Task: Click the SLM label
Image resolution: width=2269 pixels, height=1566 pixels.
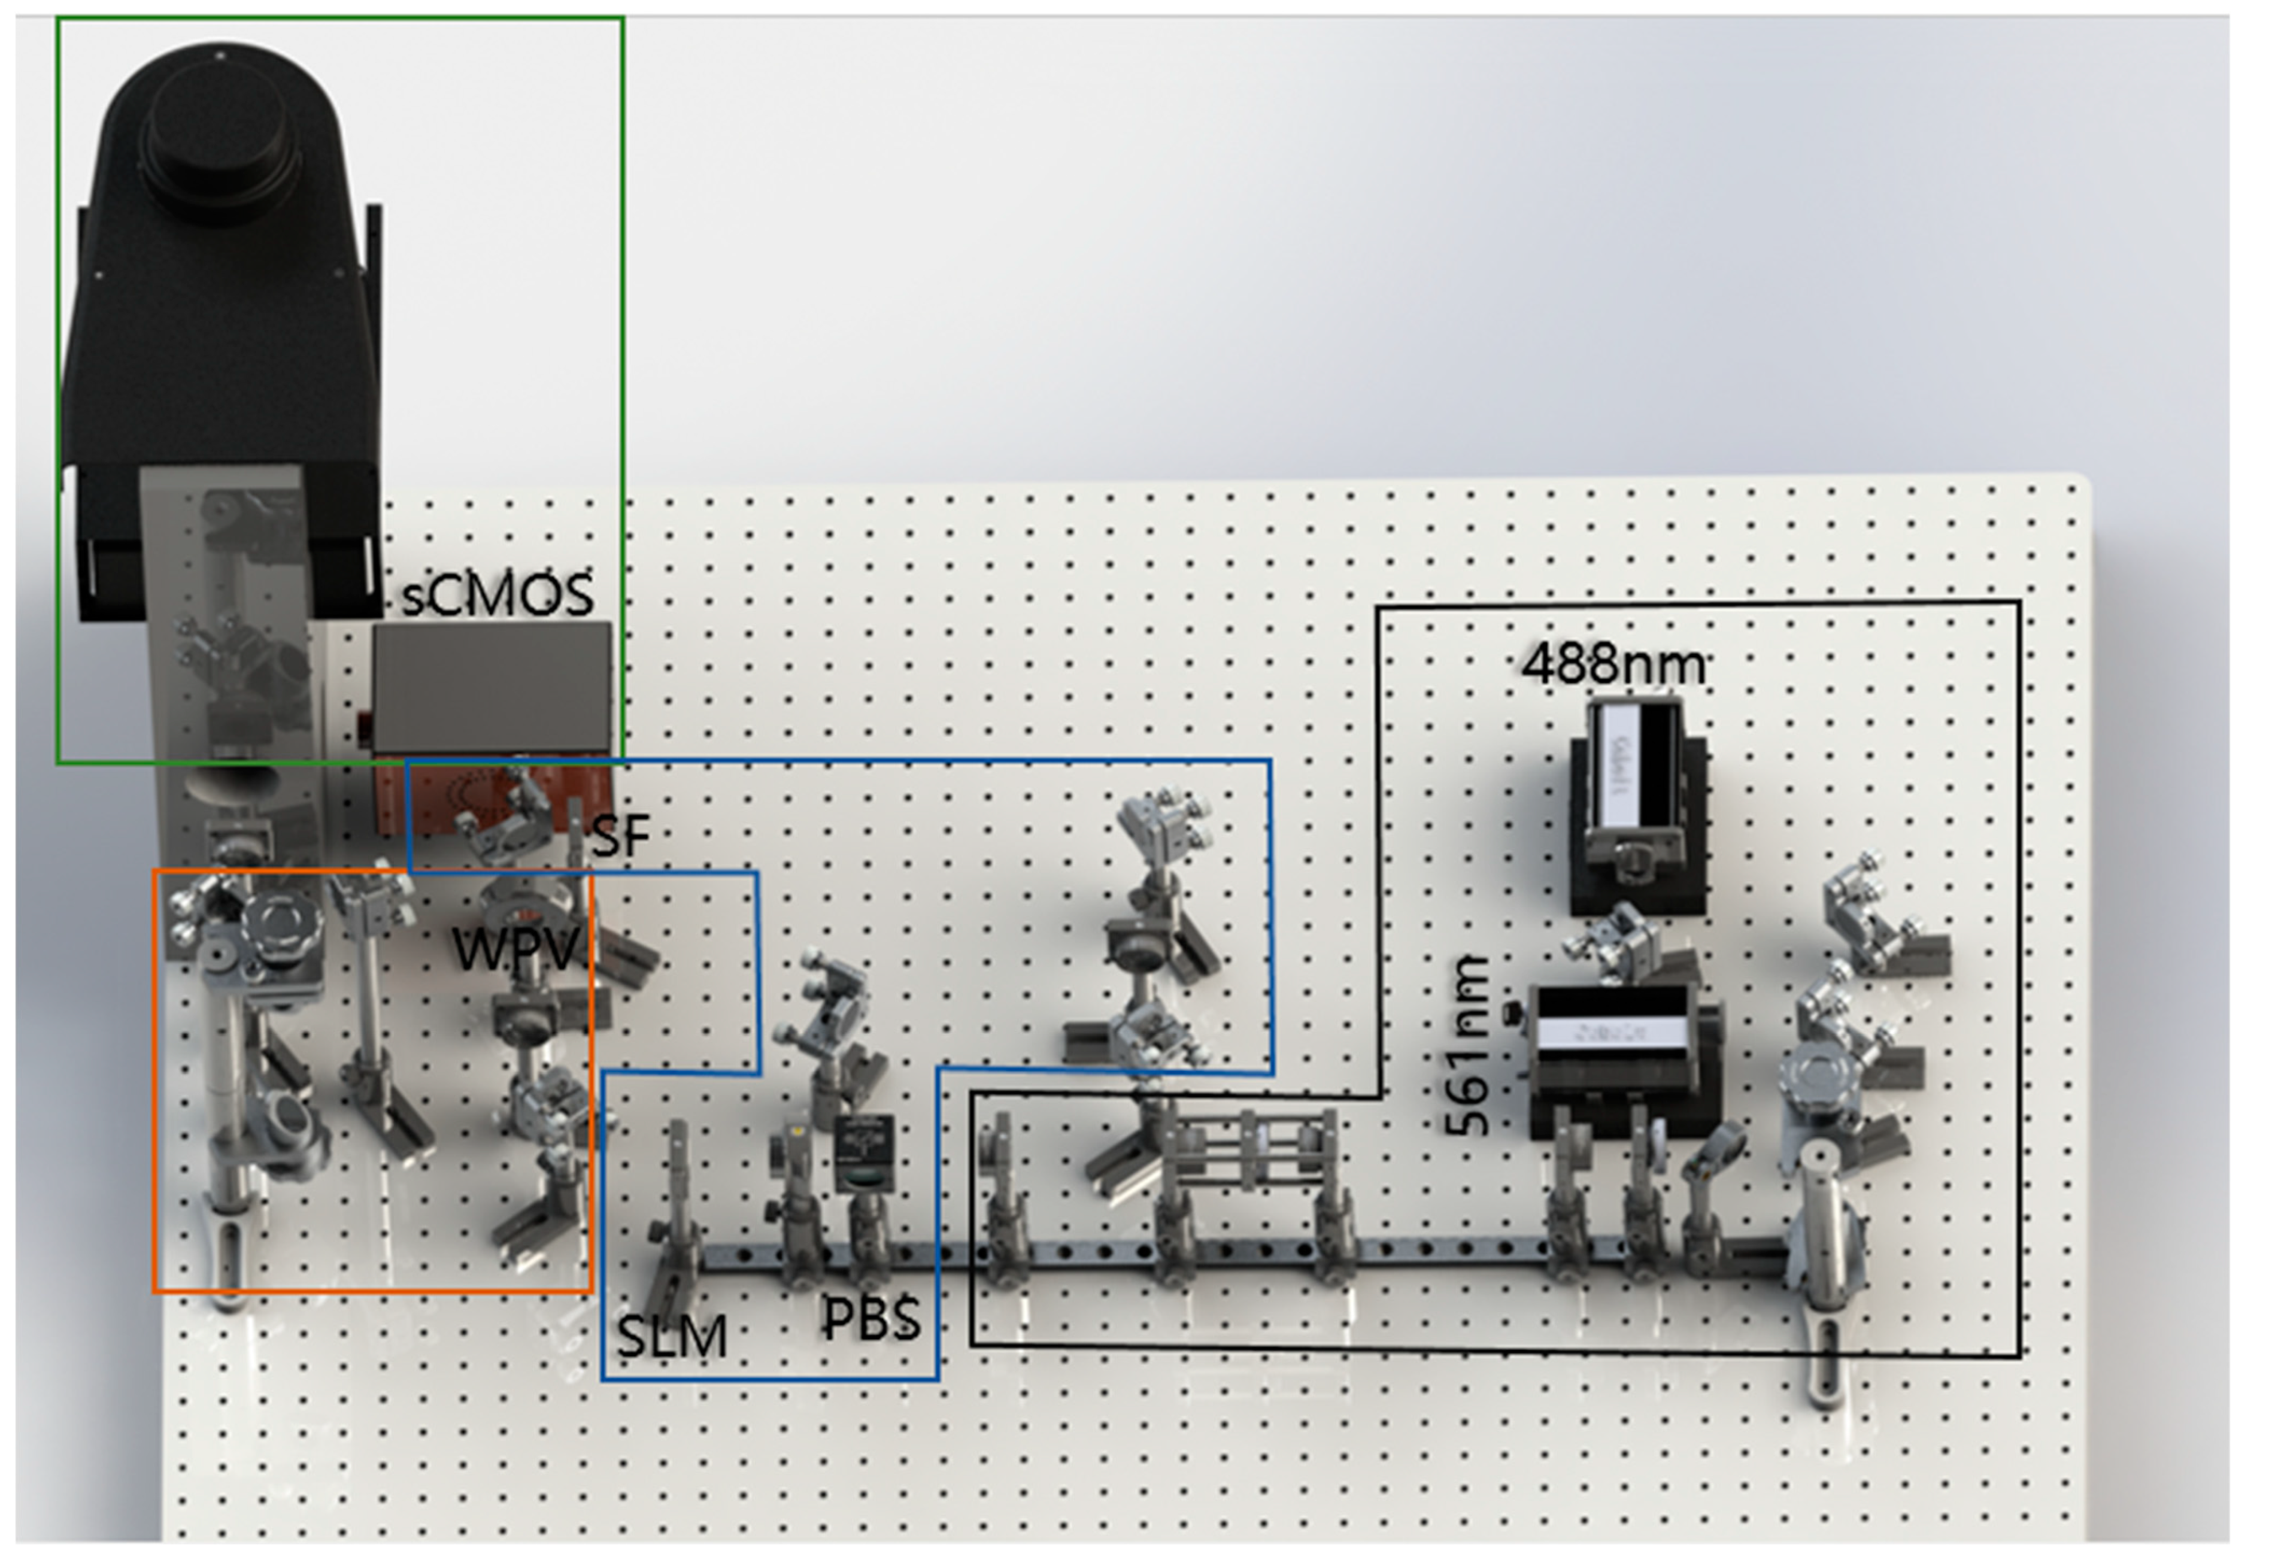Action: pos(672,1336)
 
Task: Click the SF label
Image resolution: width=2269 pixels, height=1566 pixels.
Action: pos(620,836)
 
